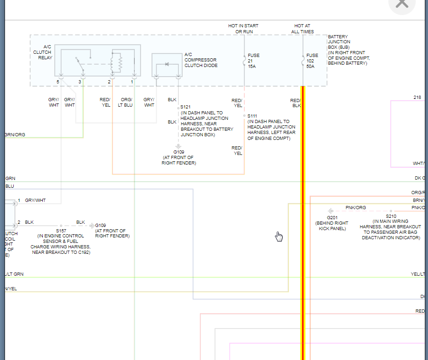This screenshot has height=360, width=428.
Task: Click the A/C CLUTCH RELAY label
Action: [x=43, y=52]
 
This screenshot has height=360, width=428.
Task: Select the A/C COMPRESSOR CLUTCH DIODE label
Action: [x=201, y=60]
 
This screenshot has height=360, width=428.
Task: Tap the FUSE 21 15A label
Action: [x=254, y=61]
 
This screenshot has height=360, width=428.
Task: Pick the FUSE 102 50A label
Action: [x=312, y=61]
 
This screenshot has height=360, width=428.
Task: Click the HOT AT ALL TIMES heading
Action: [x=302, y=29]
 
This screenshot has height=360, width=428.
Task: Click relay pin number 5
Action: [x=58, y=82]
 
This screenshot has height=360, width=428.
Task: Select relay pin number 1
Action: [x=132, y=82]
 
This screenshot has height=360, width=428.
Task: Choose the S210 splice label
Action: [x=391, y=216]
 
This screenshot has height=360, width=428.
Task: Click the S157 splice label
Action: [x=61, y=231]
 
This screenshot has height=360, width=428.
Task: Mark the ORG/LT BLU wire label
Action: [x=126, y=103]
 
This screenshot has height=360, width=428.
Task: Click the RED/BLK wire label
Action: [x=296, y=103]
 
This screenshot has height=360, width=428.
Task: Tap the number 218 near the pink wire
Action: [x=418, y=98]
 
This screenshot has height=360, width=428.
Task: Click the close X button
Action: [x=402, y=4]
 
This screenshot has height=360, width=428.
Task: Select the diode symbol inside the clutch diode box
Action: [x=167, y=64]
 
